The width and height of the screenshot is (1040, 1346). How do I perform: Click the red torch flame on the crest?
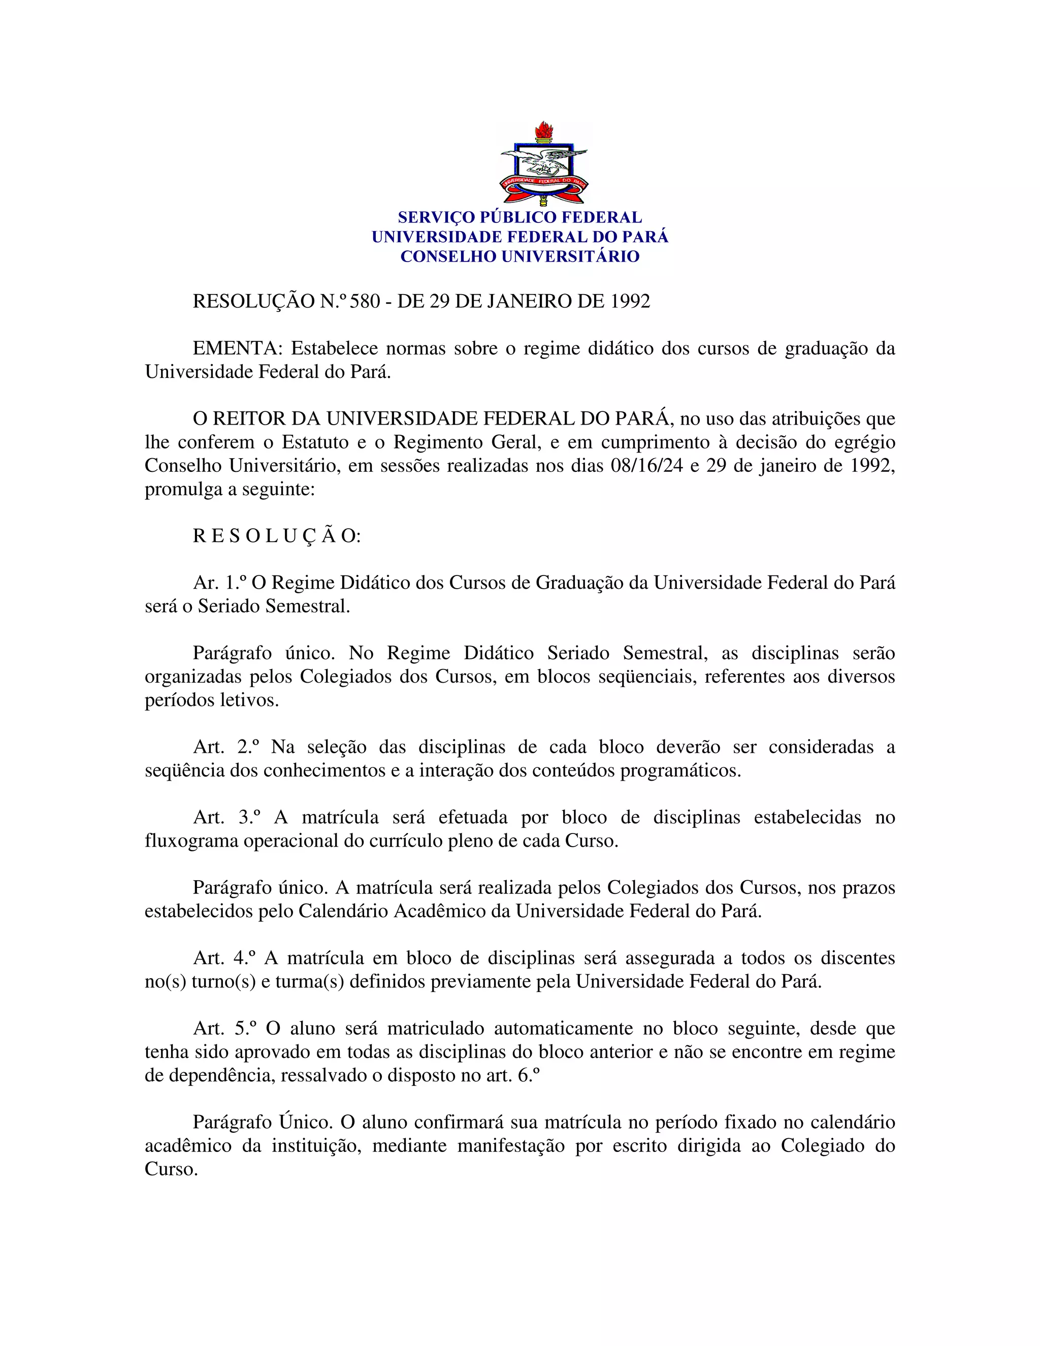point(543,131)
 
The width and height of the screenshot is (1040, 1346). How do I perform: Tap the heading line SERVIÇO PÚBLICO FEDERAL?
point(519,217)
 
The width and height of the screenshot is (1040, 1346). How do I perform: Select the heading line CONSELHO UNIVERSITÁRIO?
point(519,257)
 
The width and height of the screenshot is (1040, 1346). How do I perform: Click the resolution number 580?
point(365,301)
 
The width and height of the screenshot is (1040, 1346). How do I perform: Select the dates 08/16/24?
point(647,465)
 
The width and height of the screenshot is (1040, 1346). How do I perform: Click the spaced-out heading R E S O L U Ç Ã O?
point(276,536)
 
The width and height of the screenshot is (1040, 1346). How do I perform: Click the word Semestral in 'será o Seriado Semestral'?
point(307,606)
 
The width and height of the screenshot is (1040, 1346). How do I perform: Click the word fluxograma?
point(191,841)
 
